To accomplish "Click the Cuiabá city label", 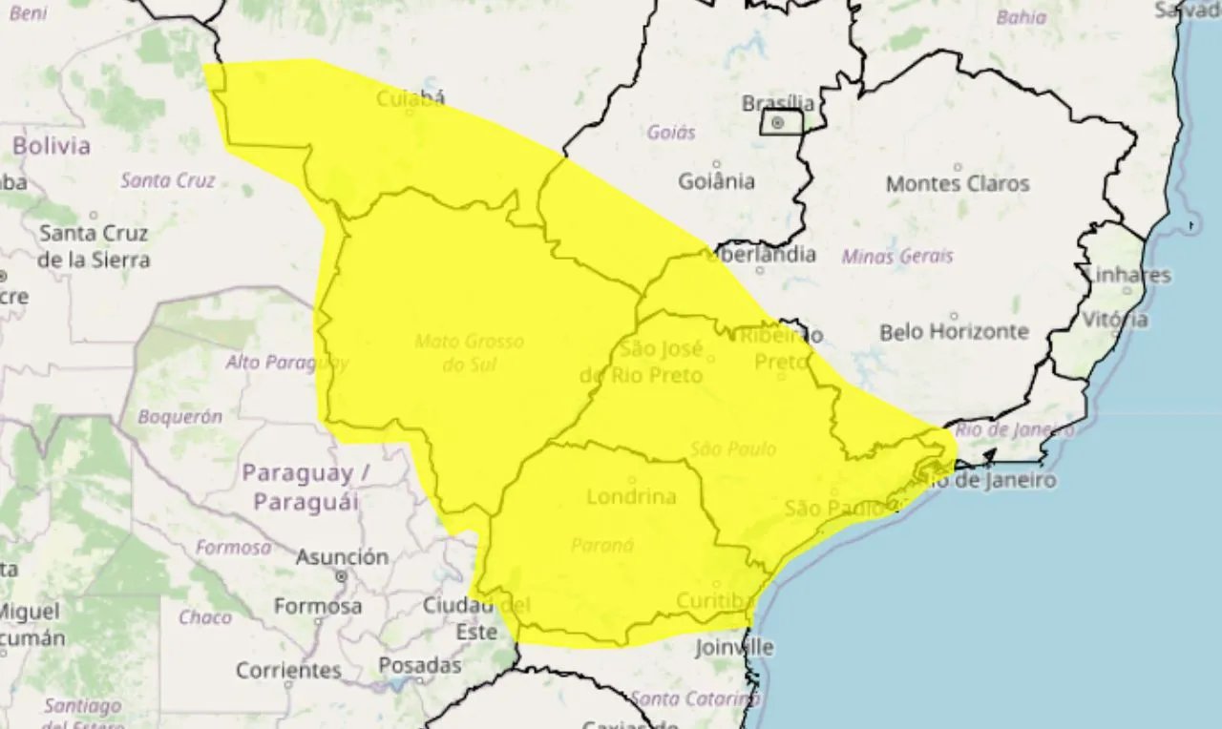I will coord(411,98).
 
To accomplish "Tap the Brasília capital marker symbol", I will coord(778,123).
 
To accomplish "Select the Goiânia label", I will coord(716,180).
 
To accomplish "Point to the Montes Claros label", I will coord(958,183).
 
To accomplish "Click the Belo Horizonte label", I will coord(954,332).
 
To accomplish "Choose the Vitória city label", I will coord(1116,320).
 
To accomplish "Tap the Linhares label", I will coord(1128,275).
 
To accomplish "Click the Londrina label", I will coord(631,496).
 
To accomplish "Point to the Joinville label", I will coord(734,647).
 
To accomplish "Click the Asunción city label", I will coord(342,557).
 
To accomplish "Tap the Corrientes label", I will coord(288,671).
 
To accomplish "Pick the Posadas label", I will coord(419,665).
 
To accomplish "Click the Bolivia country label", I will coord(52,146).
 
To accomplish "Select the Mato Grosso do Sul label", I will coord(470,352).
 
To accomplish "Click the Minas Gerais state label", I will coord(896,256).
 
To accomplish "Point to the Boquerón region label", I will coord(179,416).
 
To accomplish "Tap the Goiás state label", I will coord(671,133).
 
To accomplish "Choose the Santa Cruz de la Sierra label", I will coord(94,245).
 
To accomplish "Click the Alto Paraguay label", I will coord(286,363).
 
